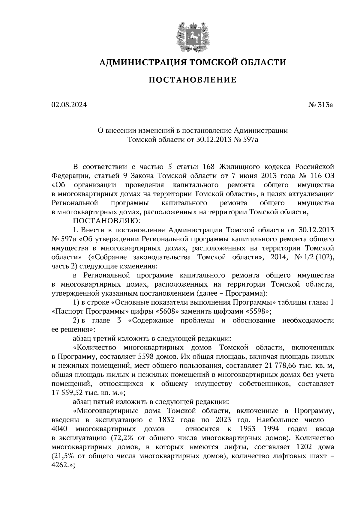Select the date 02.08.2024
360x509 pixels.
pos(69,105)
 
